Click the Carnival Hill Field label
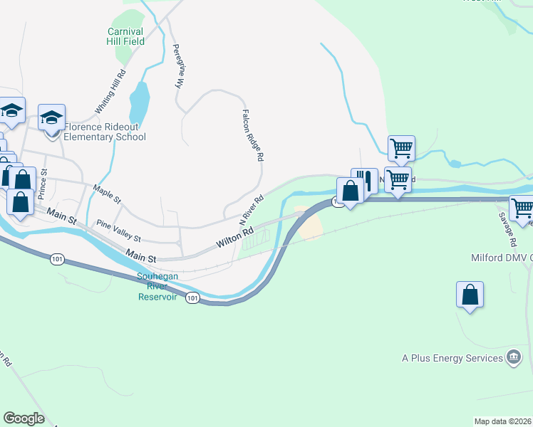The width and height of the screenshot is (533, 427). click(126, 36)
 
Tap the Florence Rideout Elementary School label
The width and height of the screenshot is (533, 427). click(105, 132)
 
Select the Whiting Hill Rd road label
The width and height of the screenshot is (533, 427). click(110, 92)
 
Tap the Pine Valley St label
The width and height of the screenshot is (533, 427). click(119, 230)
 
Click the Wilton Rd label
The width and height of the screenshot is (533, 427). click(235, 237)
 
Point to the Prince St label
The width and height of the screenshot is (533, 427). click(43, 184)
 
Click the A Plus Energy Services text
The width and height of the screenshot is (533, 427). click(452, 358)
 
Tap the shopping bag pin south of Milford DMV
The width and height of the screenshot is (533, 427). click(470, 295)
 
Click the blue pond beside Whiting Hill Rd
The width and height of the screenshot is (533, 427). click(140, 103)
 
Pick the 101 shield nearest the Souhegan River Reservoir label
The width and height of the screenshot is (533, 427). click(192, 297)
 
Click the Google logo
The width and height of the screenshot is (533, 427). click(24, 418)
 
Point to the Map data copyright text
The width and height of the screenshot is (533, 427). click(502, 421)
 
